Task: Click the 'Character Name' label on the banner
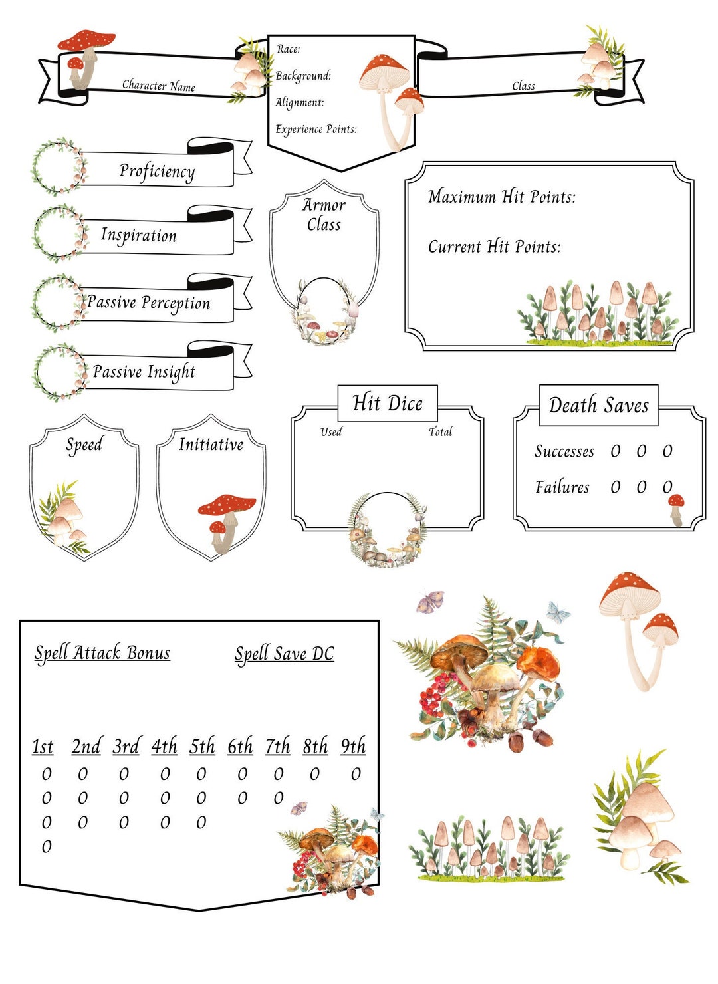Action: (158, 86)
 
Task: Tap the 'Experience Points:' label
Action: (316, 129)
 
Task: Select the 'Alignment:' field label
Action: (300, 102)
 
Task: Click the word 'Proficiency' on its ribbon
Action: (157, 171)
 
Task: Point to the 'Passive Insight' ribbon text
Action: (144, 372)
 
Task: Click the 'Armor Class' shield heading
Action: (324, 215)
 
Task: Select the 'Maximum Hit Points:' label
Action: (502, 197)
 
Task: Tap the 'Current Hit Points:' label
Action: (494, 247)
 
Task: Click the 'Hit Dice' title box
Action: (388, 403)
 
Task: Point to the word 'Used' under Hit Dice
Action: (331, 432)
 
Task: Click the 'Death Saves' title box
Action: (598, 405)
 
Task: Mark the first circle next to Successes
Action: (616, 452)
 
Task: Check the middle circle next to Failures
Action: (641, 487)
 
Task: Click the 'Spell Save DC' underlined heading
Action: (284, 654)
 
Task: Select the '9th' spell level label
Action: (353, 747)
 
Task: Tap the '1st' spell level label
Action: (43, 747)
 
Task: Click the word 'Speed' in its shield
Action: (84, 445)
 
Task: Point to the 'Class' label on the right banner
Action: (523, 86)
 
